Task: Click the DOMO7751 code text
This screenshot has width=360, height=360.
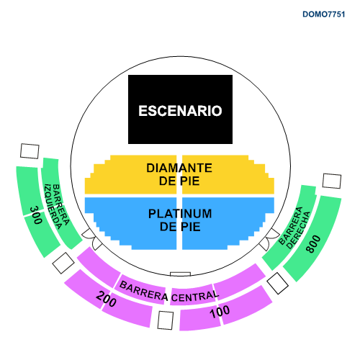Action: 323,14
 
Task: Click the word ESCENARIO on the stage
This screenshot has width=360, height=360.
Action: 180,111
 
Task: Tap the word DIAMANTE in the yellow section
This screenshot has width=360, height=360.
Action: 179,168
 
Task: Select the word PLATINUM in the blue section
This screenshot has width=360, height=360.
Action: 180,214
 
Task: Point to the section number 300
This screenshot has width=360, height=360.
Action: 36,215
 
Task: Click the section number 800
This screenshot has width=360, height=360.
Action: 313,244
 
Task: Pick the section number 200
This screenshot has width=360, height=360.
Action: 106,299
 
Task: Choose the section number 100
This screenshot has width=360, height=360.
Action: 220,311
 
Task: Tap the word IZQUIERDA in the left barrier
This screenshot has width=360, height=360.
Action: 53,207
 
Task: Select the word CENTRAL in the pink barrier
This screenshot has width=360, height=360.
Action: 195,297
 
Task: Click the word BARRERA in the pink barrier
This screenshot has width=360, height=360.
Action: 143,291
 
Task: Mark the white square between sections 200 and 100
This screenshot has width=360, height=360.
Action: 166,320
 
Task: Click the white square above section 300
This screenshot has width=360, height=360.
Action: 30,151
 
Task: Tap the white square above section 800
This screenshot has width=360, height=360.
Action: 332,181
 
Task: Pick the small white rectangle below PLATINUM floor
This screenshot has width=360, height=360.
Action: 180,274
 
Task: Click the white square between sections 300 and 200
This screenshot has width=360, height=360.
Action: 63,263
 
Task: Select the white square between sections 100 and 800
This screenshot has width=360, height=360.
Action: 278,283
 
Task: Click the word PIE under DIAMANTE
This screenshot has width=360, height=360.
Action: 189,181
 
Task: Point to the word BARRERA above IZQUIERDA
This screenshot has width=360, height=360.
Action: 60,204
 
